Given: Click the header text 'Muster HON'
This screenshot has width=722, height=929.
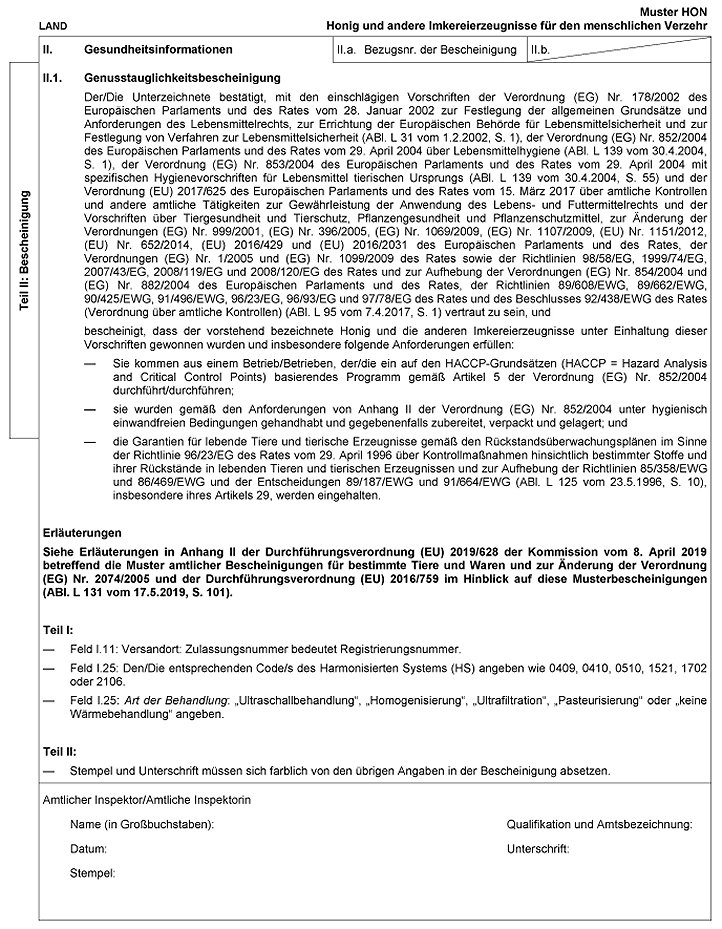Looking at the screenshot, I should (681, 8).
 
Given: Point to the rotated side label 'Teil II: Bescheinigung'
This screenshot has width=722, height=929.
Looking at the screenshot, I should (27, 249).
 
